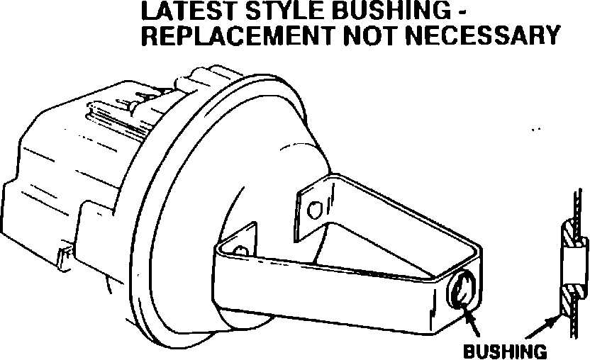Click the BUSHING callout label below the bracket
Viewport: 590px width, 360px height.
coord(504,351)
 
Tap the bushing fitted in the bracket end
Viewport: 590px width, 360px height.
coord(461,291)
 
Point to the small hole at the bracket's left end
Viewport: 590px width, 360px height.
coord(243,250)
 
